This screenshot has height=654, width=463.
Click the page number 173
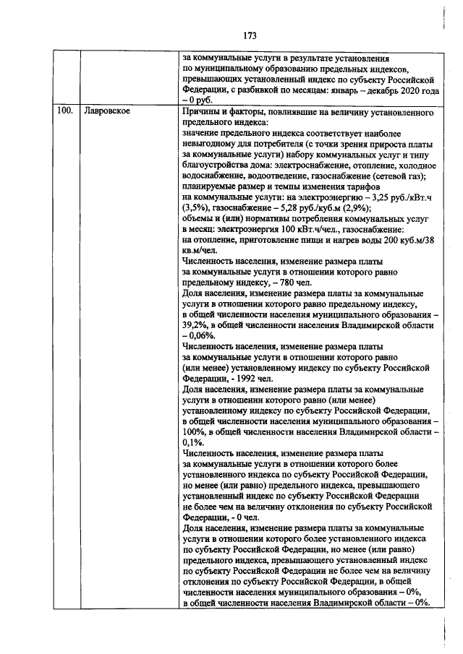pos(251,35)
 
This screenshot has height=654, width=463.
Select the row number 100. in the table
pos(64,113)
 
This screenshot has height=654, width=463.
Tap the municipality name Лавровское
pos(106,113)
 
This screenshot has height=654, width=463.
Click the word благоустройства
pos(218,163)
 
